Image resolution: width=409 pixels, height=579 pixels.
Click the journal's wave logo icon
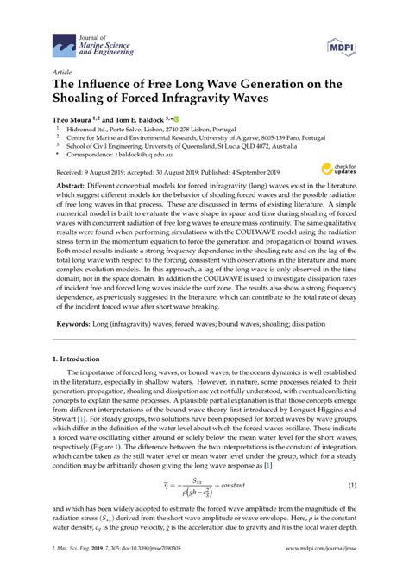(x=62, y=41)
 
